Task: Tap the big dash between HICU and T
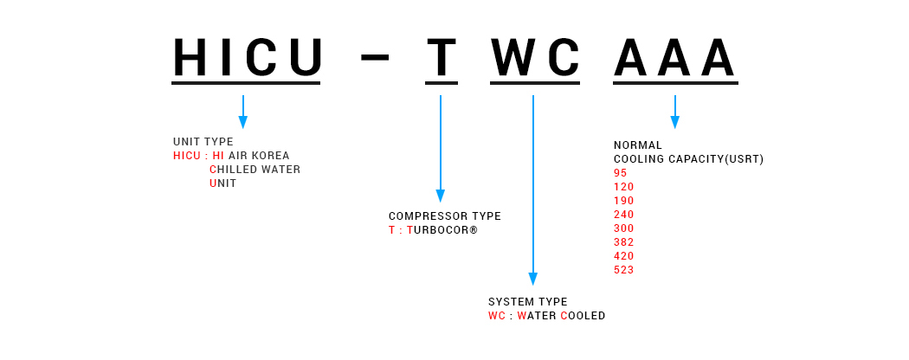[x=375, y=57]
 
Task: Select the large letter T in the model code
[x=442, y=57]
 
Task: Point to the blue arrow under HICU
[x=243, y=112]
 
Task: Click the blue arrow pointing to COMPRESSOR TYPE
[x=441, y=148]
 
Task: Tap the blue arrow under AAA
[x=674, y=112]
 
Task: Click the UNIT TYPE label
[x=203, y=142]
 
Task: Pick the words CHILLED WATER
[x=255, y=170]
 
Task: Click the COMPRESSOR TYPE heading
[x=445, y=216]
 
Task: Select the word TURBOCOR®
[x=442, y=230]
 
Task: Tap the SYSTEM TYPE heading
[x=527, y=302]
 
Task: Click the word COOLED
[x=583, y=316]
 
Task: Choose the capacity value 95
[x=621, y=173]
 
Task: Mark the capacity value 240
[x=624, y=215]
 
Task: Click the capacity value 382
[x=624, y=242]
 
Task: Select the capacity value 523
[x=624, y=270]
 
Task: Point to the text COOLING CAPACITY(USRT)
[x=689, y=159]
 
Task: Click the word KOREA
[x=269, y=156]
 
